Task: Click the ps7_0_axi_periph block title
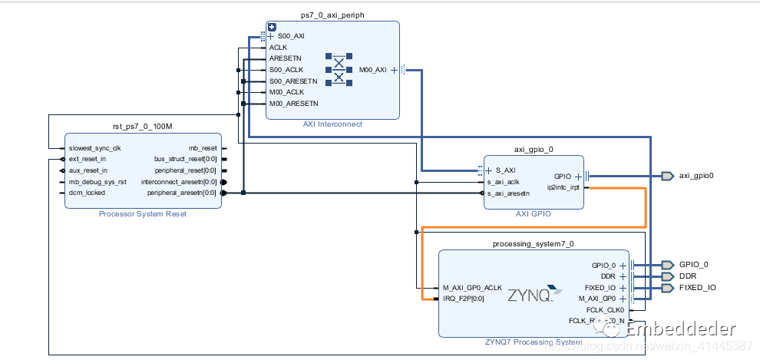(332, 15)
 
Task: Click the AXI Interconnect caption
(332, 124)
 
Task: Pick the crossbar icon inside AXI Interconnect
(339, 69)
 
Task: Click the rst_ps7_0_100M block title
(142, 126)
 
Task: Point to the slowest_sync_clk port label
(94, 147)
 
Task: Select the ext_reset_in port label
(88, 159)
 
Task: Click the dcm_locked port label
(86, 193)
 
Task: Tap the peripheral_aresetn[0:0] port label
(182, 193)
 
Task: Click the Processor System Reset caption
(142, 214)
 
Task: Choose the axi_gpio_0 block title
(534, 150)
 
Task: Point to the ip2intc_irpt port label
(564, 187)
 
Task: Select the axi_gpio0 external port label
(696, 176)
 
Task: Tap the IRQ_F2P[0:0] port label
(464, 299)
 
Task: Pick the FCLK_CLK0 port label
(606, 309)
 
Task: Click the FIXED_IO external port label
(698, 288)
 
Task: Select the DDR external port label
(689, 276)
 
